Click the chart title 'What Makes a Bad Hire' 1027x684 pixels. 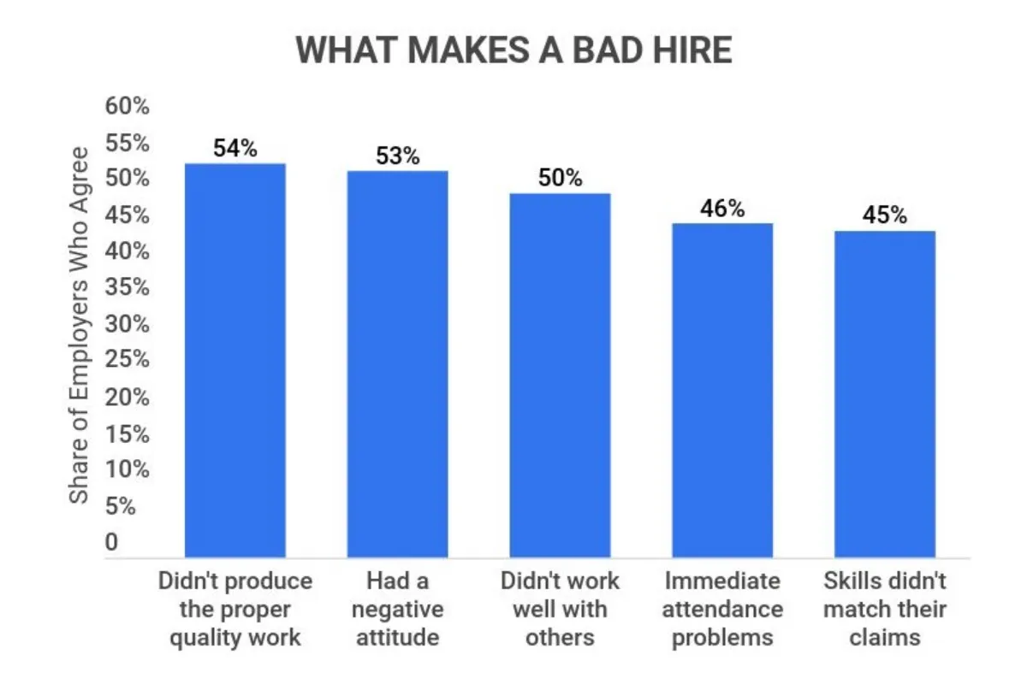(513, 50)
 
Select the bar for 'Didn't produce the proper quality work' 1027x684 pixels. (235, 360)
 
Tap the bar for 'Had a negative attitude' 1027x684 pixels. (397, 364)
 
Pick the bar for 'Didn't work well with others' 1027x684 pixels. (560, 375)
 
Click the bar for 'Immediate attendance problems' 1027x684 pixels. (722, 390)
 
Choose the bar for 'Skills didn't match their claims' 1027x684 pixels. (884, 394)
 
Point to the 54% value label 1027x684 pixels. (235, 148)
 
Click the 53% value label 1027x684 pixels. (397, 156)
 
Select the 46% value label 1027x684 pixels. (722, 208)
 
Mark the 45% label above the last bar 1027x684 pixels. (884, 215)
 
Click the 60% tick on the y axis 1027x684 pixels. (127, 107)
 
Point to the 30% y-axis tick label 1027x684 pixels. (127, 325)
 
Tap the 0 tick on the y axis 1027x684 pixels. (112, 543)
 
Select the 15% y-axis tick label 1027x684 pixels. (127, 434)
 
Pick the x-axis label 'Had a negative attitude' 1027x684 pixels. (397, 610)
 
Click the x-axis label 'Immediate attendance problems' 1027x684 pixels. (722, 610)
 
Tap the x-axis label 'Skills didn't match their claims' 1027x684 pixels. (884, 610)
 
